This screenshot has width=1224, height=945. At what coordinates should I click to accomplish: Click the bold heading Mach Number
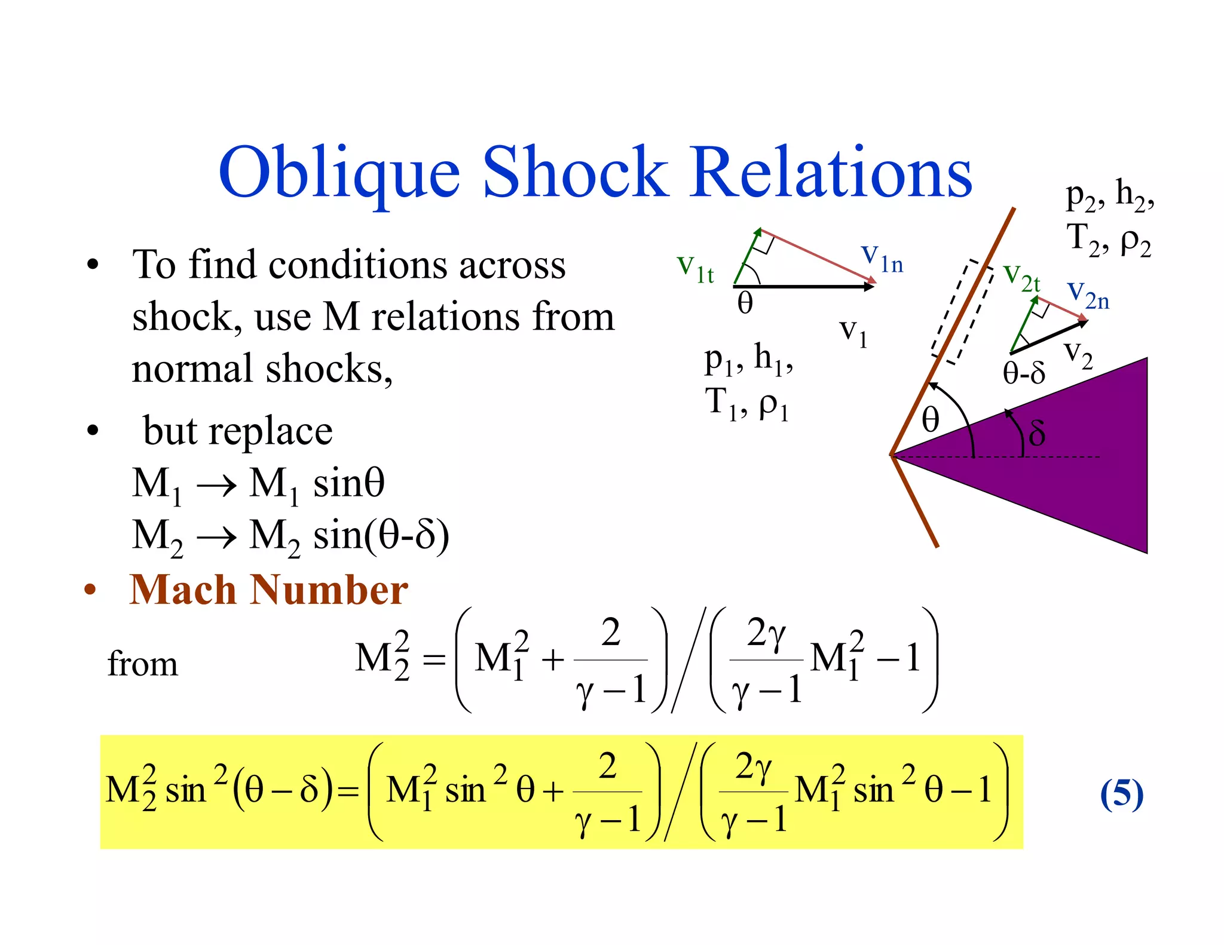point(269,590)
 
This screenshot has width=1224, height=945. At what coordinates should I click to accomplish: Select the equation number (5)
point(1121,794)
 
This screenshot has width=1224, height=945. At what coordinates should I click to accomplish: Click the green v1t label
point(695,268)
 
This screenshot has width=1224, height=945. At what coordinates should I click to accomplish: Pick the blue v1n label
point(882,258)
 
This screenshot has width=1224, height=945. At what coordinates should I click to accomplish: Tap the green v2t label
point(1021,277)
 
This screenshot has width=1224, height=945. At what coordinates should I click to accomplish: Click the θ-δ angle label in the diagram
point(1024,373)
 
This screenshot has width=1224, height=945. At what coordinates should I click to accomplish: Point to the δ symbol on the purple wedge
point(1037,433)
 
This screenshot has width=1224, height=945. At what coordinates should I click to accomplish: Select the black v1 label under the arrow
point(853,332)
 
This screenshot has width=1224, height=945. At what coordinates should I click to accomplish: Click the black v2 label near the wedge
point(1078,354)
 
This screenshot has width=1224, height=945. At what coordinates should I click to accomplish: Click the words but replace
point(238,431)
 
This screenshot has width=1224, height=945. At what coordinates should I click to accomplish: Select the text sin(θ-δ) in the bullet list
point(381,535)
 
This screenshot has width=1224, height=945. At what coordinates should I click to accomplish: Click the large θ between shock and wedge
point(931,419)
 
